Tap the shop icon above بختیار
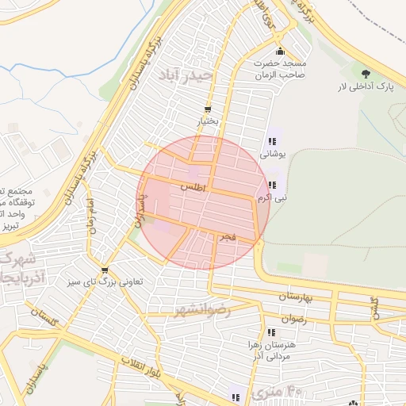pos(208,109)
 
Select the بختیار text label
pos(207,122)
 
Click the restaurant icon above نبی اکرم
pos(272,183)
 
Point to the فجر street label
pos(228,236)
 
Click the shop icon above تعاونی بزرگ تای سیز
pos(104,249)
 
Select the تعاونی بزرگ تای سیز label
pos(104,280)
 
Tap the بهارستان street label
pos(297,296)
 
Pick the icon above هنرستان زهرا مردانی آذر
pos(271,332)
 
